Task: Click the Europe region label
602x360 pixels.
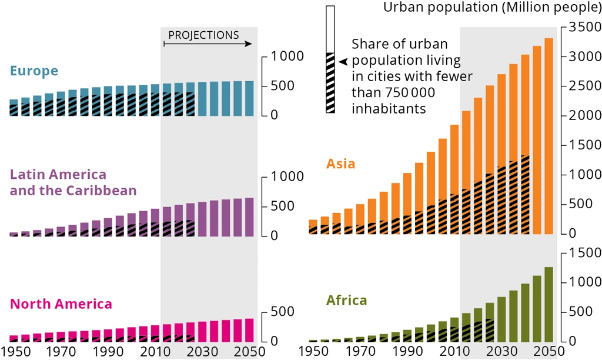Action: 34,71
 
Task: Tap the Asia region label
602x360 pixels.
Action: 340,164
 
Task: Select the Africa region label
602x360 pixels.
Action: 346,301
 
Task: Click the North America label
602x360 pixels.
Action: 61,304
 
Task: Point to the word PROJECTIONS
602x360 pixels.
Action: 203,35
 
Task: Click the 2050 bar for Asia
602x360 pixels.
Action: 549,136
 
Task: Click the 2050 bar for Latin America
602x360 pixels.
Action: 249,217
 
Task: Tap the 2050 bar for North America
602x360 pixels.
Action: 249,330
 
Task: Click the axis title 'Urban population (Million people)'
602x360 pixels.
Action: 491,8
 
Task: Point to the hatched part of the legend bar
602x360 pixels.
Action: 330,82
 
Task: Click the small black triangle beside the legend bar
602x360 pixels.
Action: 343,61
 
